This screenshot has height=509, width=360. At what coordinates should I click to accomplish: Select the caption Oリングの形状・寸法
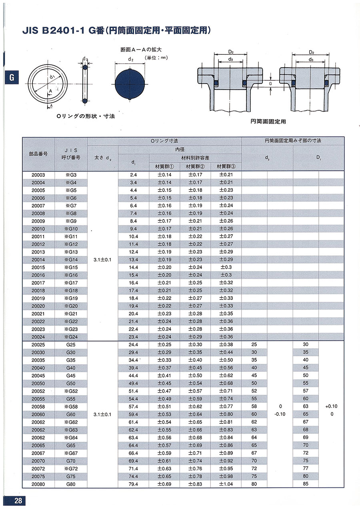point(86,116)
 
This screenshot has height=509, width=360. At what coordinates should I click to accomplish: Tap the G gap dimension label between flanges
point(271,84)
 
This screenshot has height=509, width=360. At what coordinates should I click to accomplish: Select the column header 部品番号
point(39,154)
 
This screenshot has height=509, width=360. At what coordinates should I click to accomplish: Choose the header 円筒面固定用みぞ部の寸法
point(293,141)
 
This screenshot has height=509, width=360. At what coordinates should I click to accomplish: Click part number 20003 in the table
point(39,175)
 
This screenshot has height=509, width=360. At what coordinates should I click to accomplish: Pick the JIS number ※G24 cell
point(71,337)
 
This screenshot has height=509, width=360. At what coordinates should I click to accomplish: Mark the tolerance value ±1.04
point(226,484)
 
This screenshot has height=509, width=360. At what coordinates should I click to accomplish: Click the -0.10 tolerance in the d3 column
point(280,414)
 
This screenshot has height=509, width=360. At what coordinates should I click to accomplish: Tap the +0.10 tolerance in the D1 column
point(331,406)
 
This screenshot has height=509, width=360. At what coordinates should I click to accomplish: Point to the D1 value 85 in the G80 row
point(306,484)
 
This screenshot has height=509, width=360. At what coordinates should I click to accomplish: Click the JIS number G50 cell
point(71,383)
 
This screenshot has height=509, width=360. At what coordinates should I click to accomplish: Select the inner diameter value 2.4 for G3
point(134,175)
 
